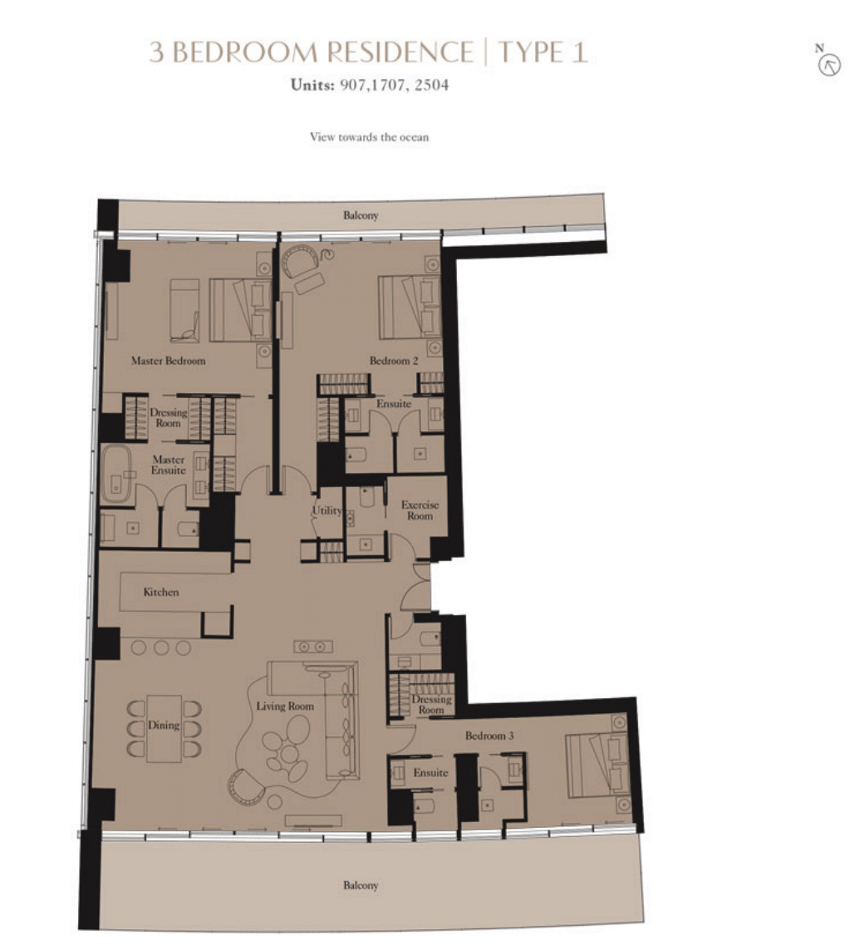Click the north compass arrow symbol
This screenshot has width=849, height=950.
click(x=829, y=65)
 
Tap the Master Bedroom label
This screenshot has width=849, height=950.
click(x=169, y=361)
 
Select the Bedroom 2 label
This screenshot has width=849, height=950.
click(x=394, y=361)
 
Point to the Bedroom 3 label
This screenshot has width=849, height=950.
click(x=489, y=736)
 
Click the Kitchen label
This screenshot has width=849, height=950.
click(x=161, y=592)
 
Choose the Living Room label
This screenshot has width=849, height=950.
click(x=285, y=706)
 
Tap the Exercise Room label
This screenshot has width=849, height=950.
click(x=420, y=510)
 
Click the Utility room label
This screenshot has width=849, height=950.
click(x=327, y=511)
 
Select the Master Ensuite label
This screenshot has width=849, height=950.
click(x=169, y=465)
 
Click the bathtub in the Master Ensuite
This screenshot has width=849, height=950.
click(x=116, y=475)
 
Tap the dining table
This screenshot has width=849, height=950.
click(x=164, y=728)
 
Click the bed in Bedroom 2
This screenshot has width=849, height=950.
click(x=410, y=308)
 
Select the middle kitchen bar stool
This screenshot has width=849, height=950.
click(x=161, y=647)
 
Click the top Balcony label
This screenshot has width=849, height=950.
click(x=361, y=216)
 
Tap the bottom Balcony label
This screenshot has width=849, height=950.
click(x=361, y=885)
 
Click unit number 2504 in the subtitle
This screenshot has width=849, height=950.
click(x=432, y=85)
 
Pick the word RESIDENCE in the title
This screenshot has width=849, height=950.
click(x=400, y=52)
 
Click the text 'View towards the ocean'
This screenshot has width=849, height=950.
click(x=370, y=137)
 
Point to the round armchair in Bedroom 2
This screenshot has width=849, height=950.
click(x=301, y=261)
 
